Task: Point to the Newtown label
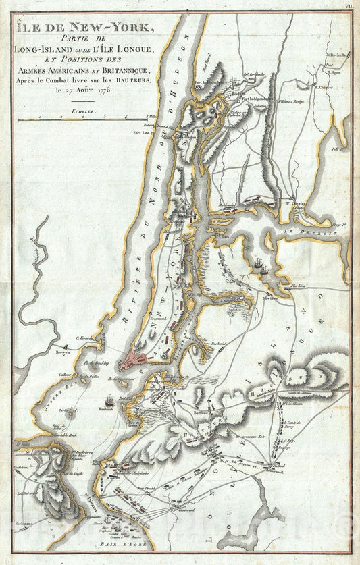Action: (x=270, y=297)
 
